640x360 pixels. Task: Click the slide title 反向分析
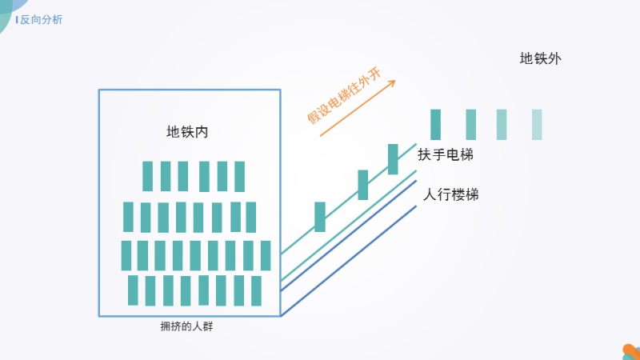[x=41, y=19]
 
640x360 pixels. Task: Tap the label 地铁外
[x=541, y=58]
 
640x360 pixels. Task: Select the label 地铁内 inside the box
[x=187, y=132]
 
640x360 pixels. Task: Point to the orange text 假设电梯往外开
[x=344, y=96]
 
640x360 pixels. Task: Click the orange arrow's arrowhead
[x=392, y=83]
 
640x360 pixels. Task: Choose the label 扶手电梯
[x=446, y=154]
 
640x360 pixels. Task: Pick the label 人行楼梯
[x=450, y=194]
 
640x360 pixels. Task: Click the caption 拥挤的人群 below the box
[x=186, y=326]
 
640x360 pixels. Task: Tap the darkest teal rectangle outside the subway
[x=435, y=125]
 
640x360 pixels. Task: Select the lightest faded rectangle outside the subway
[x=537, y=125]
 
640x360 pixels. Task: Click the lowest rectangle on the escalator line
[x=320, y=217]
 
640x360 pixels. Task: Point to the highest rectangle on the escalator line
[x=393, y=159]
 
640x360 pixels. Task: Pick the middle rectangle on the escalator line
[x=363, y=185]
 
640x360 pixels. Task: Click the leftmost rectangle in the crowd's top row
[x=147, y=176]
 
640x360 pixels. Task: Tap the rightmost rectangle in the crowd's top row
[x=239, y=176]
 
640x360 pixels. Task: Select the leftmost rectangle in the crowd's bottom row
[x=133, y=290]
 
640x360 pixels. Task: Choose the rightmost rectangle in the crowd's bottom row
[x=256, y=291]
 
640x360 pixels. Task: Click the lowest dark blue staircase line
[x=349, y=262]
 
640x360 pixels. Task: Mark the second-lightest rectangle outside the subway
[x=502, y=125]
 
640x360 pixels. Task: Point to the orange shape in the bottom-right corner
[x=632, y=351]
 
